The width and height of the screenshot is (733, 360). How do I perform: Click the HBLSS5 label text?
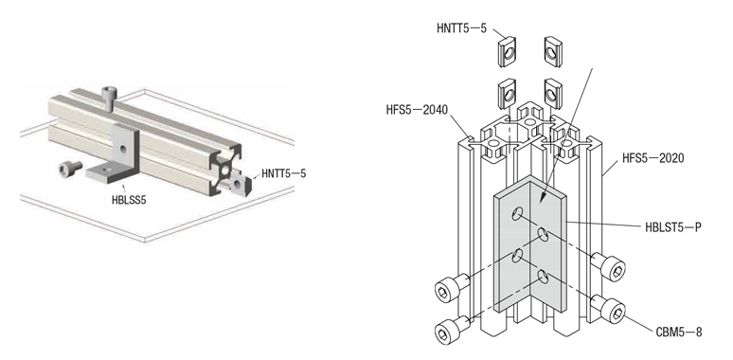point(129,200)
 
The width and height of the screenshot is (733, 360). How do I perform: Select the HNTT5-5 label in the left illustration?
point(284,174)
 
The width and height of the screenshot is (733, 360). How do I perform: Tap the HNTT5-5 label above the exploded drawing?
point(461,28)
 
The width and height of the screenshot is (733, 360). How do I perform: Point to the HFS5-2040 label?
point(417,110)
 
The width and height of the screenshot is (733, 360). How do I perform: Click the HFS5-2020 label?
point(653,158)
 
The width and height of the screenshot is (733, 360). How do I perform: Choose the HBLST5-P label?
point(673,227)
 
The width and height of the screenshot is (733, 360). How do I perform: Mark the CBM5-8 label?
point(679,333)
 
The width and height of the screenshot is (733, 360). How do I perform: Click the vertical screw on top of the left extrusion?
point(109,99)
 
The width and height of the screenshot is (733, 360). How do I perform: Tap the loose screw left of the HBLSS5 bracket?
point(70,169)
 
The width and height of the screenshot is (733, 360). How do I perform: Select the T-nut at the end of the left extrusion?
point(241,183)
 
